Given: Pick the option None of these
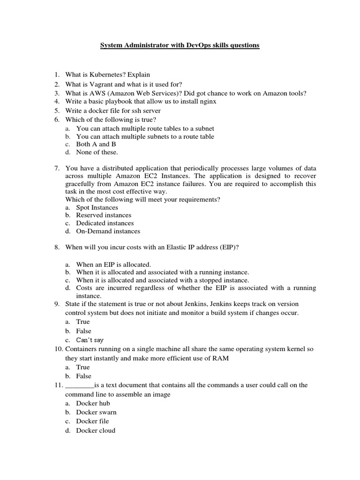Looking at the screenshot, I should pos(97,152).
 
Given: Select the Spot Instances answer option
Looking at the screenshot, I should pos(97,207).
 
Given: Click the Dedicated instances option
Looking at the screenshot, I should pos(105,223).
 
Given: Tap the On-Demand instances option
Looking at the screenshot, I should pos(108,231).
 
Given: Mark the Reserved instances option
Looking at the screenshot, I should pos(104,215).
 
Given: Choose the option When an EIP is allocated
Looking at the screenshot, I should pos(113,264).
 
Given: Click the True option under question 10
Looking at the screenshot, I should pos(83,367).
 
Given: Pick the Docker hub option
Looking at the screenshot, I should pos(93,403).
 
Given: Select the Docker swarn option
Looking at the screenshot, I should pos(96,412).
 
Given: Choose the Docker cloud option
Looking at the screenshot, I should pos(96,430).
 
